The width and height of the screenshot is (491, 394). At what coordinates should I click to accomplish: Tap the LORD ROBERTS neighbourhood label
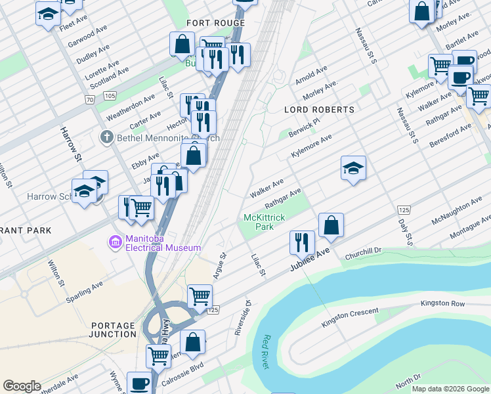319,110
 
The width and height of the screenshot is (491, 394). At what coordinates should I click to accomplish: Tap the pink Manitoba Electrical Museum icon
116,243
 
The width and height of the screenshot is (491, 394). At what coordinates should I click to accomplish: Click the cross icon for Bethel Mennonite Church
106,138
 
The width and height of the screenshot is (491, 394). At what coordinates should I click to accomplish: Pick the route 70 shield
89,99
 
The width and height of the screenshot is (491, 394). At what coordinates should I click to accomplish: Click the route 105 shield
110,96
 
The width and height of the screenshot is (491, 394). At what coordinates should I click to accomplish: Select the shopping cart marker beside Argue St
200,295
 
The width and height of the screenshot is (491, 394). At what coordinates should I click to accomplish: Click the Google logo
22,386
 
